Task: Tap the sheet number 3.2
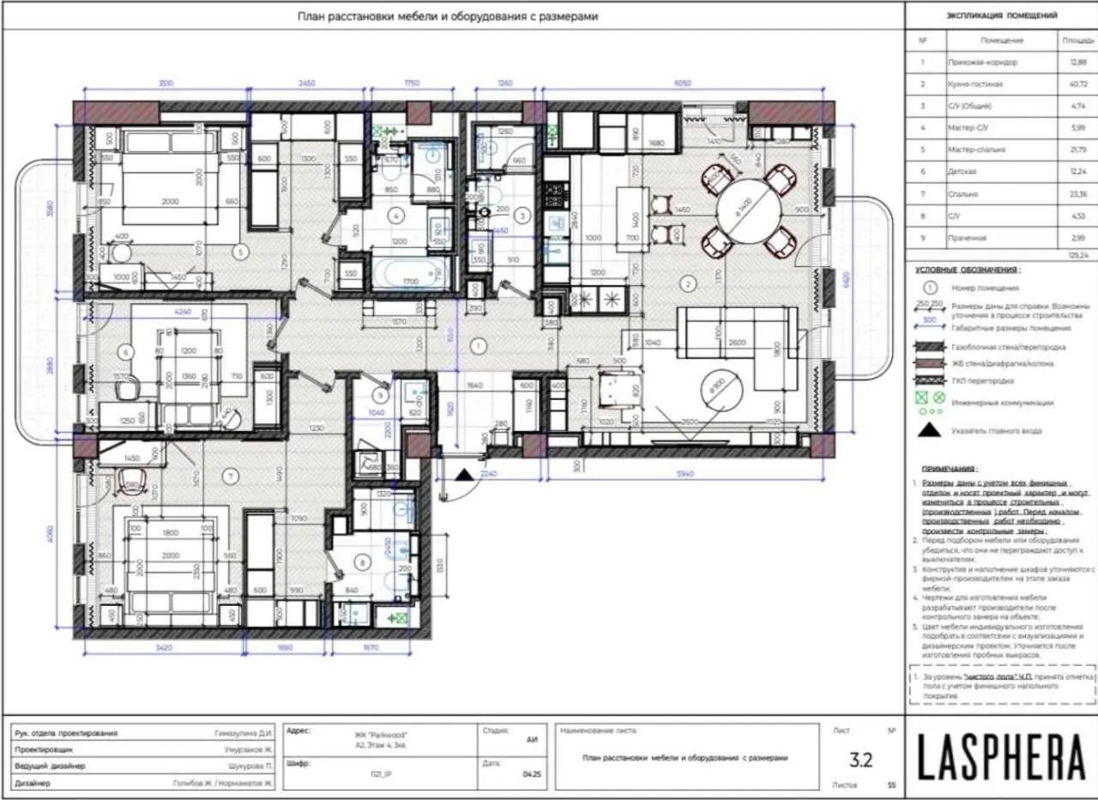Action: [x=860, y=759]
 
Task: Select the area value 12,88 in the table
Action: [x=1077, y=63]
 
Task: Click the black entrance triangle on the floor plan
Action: [x=464, y=474]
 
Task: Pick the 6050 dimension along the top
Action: [x=682, y=83]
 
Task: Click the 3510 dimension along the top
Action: [x=166, y=83]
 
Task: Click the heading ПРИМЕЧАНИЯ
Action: [x=947, y=470]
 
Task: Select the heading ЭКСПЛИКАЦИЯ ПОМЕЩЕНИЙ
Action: [x=1001, y=15]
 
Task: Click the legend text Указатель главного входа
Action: [x=996, y=431]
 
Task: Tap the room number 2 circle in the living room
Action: [x=685, y=282]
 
